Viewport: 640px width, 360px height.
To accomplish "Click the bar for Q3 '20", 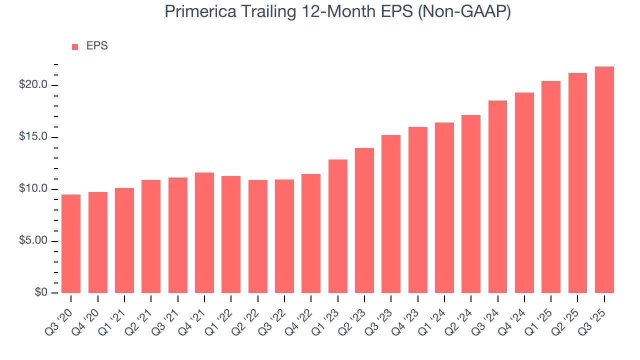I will point(71,243).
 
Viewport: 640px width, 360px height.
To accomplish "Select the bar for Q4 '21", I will point(204,232).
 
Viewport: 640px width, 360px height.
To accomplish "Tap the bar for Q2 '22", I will point(258,236).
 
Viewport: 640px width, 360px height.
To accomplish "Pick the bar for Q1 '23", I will point(338,226).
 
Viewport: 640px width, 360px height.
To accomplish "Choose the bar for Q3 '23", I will point(391,214).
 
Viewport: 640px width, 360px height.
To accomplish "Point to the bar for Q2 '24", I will point(471,204).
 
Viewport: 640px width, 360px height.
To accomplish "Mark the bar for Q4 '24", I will point(524,192).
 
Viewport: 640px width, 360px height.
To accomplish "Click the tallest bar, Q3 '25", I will point(604,179).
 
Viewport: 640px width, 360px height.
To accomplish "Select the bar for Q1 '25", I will point(551,187).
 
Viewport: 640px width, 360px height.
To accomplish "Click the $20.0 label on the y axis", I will point(33,85).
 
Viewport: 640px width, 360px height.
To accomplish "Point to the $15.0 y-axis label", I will point(33,137).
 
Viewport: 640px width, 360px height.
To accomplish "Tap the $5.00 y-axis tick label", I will point(33,241).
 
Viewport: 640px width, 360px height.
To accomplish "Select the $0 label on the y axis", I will point(41,293).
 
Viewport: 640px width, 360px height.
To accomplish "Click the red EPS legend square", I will point(75,47).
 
